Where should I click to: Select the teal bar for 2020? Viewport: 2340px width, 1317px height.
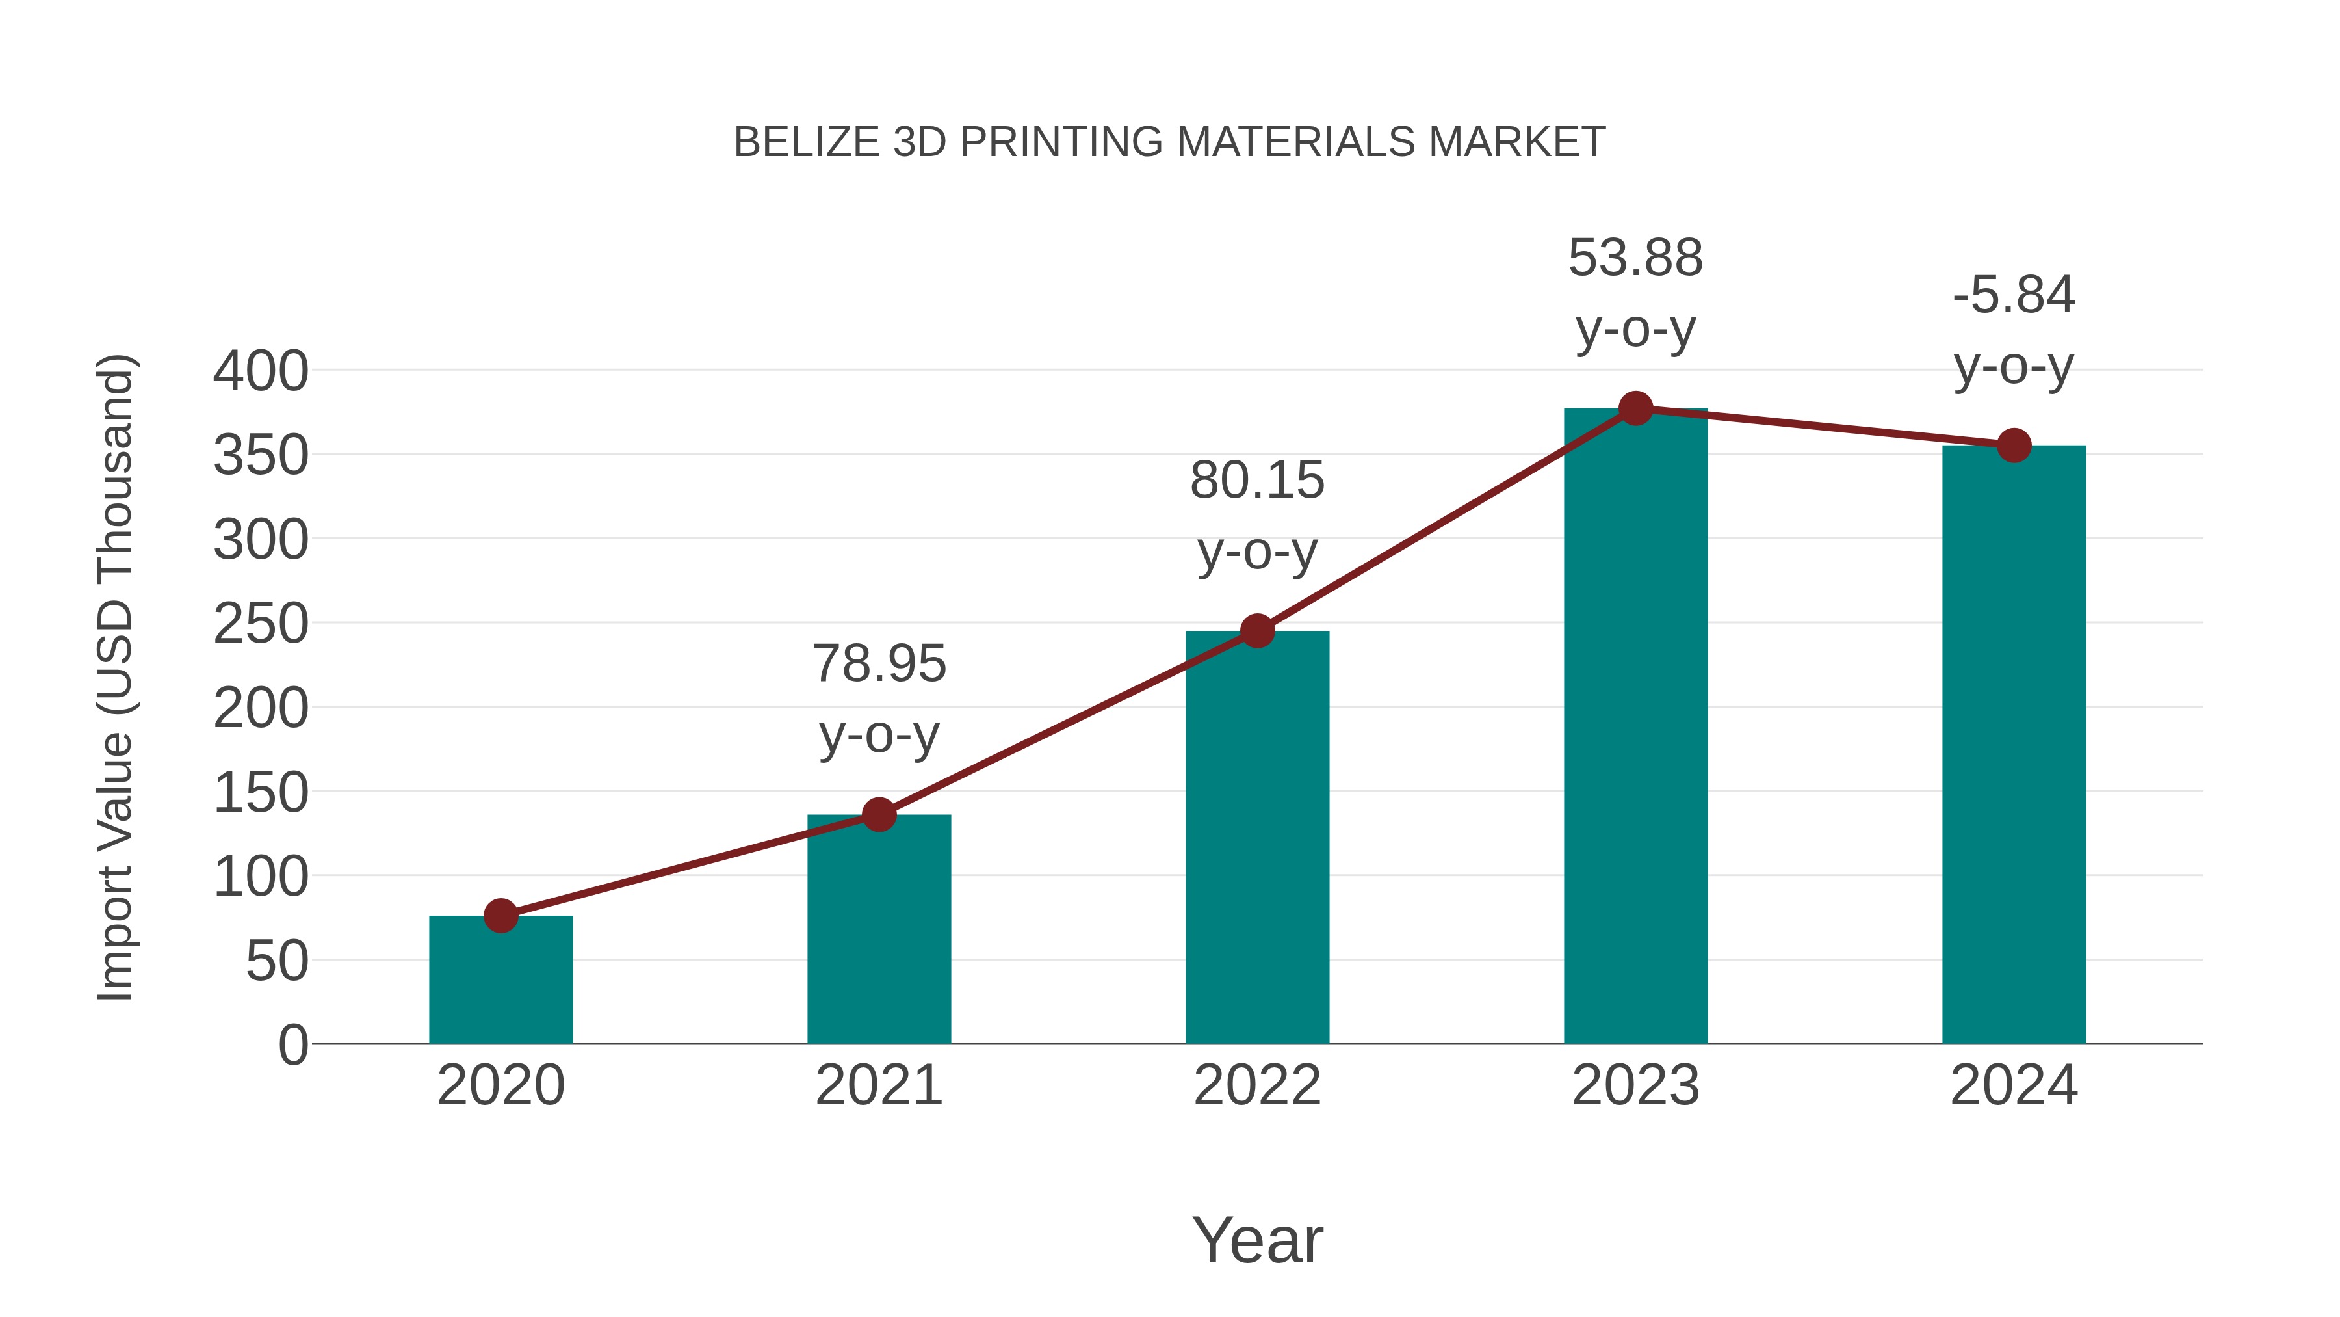(500, 981)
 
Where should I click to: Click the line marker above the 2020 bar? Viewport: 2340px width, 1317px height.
(500, 915)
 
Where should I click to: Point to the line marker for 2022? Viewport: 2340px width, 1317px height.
(1256, 631)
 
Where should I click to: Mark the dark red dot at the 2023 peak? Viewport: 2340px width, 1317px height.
(1635, 409)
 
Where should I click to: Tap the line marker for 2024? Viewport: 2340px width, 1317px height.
(2013, 446)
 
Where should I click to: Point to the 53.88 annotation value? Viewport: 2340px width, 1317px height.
(1635, 258)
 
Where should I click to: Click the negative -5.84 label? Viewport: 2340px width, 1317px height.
(2013, 295)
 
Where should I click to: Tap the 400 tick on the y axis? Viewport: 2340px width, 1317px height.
(261, 372)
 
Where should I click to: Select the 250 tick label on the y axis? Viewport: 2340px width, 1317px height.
(261, 624)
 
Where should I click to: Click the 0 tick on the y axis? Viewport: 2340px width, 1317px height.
(292, 1044)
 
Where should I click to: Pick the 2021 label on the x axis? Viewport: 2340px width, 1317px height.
(878, 1085)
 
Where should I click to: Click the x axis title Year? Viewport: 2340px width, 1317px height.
(1256, 1240)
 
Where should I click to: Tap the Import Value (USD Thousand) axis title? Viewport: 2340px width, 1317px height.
(115, 677)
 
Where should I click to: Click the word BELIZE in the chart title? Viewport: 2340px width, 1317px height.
(806, 142)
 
